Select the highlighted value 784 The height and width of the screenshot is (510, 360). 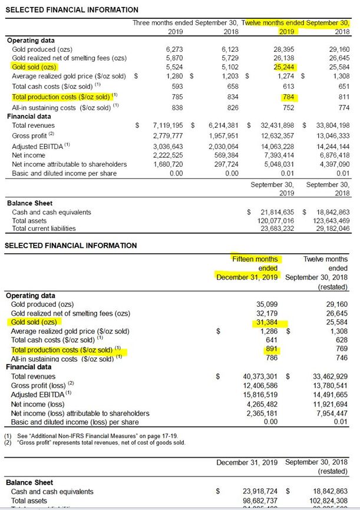tap(289, 97)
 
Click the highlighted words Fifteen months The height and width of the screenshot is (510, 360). tap(256, 259)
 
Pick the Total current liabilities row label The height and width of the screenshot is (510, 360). tap(44, 228)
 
